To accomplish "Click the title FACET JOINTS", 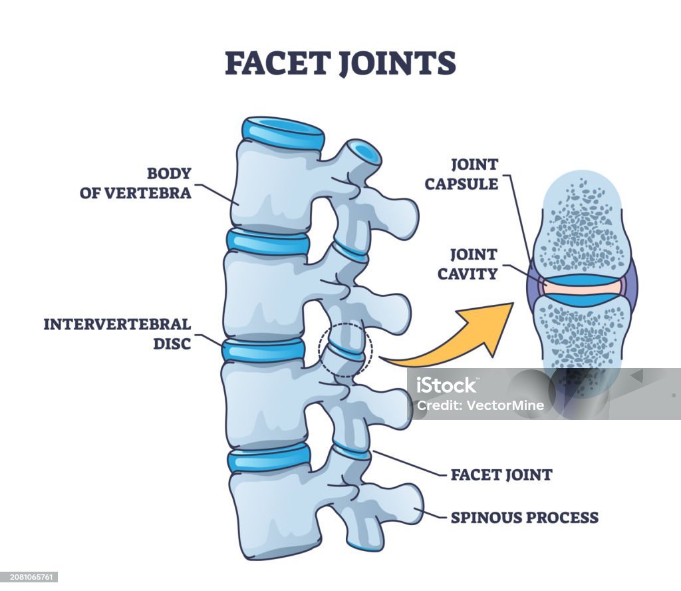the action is (340, 63).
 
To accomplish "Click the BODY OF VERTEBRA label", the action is (136, 183).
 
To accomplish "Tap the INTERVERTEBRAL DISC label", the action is (117, 333).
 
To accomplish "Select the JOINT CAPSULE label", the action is (462, 174).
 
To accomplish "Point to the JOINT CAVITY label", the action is (468, 264).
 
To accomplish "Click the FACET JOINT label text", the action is (501, 475).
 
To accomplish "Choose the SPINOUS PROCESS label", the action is (525, 518).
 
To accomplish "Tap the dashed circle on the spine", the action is (346, 350).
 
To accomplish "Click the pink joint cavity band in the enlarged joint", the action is (582, 288).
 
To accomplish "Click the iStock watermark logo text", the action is (446, 385).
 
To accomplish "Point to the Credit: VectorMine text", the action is (480, 405).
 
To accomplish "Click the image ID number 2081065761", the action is (29, 577).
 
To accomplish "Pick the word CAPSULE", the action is (462, 184).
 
